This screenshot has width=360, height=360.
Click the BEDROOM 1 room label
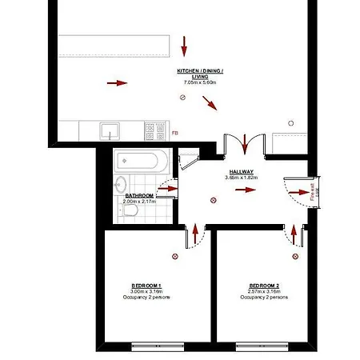[146, 286]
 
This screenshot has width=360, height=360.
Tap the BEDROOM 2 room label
[264, 286]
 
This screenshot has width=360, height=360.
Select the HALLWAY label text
[242, 171]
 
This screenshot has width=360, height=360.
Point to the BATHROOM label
[138, 194]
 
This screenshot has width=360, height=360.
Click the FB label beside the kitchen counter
[175, 133]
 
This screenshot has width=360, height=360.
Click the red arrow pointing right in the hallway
[247, 190]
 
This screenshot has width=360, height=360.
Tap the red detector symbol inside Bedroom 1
[175, 256]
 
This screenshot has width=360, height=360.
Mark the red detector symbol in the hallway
[212, 200]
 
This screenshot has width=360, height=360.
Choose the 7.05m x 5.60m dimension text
[200, 82]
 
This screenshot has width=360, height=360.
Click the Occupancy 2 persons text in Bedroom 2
[264, 297]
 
